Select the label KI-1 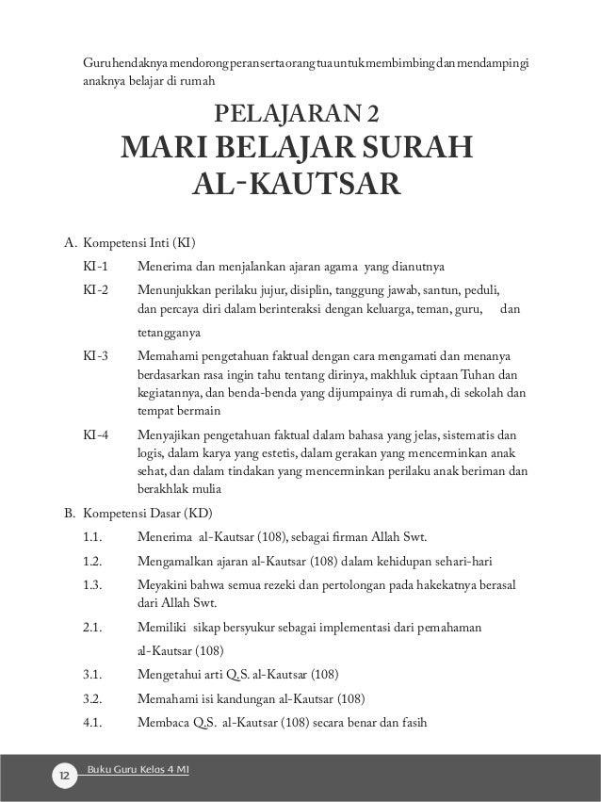click(x=95, y=265)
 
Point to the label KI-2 click(x=95, y=288)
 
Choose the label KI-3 click(x=95, y=357)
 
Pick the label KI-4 click(x=95, y=435)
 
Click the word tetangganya click(x=169, y=334)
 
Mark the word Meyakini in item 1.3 click(x=162, y=585)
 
